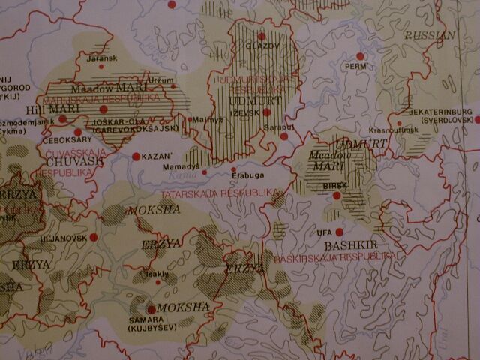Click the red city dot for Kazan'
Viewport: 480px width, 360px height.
coord(136,157)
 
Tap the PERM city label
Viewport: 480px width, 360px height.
coord(352,66)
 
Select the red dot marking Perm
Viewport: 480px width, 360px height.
coord(360,56)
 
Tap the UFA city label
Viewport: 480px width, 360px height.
coord(325,232)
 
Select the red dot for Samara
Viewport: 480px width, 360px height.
coord(151,309)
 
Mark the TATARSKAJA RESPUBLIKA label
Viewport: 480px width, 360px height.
coord(226,193)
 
